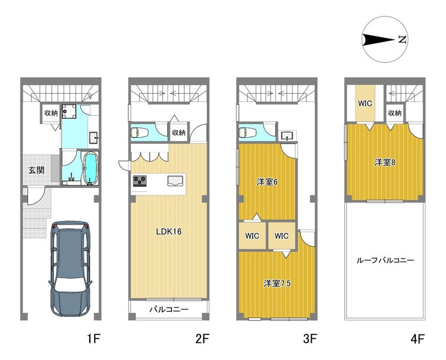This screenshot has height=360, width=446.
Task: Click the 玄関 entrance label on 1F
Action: pos(37,170)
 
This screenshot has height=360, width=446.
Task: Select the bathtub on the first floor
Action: pos(90,168)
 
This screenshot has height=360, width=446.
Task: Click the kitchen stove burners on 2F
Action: pos(140,181)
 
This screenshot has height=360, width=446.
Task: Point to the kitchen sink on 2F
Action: pos(176,181)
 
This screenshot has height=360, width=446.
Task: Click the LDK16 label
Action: pos(169,232)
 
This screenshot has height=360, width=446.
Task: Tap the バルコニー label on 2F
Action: pos(169,310)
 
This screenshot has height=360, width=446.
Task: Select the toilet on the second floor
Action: pos(139,133)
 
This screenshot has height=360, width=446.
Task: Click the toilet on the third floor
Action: pos(247,133)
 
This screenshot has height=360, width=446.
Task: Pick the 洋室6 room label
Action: pos(267,182)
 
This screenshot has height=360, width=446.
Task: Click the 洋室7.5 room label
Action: pos(277,284)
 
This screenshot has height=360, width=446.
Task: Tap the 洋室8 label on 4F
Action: pos(385,162)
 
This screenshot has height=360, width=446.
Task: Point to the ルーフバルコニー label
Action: pos(385,260)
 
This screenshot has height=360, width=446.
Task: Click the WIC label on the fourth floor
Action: pos(365,103)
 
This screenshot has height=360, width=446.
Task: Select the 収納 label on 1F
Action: pos(51,113)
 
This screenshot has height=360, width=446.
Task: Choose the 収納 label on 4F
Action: pos(394,113)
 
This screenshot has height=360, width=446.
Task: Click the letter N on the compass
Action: pos(402,39)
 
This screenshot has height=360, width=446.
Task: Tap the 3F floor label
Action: pos(310,339)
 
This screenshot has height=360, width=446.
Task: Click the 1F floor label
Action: pos(93,339)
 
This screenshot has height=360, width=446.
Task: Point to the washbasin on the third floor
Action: pos(288,136)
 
